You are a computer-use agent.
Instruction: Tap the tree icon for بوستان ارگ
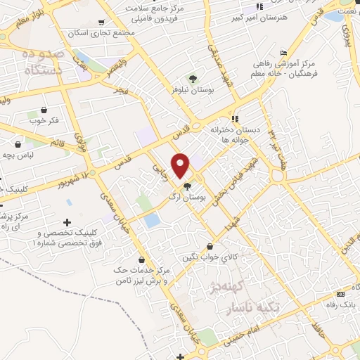pyautogui.click(x=187, y=186)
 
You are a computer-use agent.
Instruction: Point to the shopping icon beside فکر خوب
pyautogui.click(x=44, y=110)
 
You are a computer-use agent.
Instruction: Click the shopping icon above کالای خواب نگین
pyautogui.click(x=210, y=246)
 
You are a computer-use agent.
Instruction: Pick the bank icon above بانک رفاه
pyautogui.click(x=341, y=294)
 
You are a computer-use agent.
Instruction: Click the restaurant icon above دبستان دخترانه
pyautogui.click(x=235, y=119)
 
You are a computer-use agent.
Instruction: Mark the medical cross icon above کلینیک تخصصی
pyautogui.click(x=67, y=221)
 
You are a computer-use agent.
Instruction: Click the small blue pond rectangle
pyautogui.click(x=151, y=221)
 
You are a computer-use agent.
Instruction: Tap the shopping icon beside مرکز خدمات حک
pyautogui.click(x=142, y=259)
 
